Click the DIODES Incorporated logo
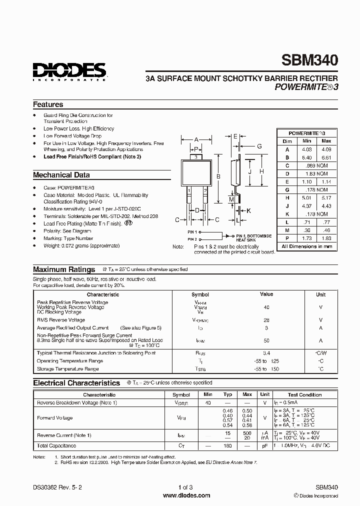[69, 71]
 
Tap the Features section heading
[48, 104]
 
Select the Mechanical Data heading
[61, 175]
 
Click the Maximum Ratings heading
[64, 269]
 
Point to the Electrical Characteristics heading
[76, 383]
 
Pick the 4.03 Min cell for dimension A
[306, 149]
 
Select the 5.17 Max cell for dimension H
[326, 197]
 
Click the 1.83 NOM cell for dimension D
[316, 173]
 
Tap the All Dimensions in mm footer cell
[307, 246]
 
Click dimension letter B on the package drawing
[218, 175]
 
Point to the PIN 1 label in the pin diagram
[192, 232]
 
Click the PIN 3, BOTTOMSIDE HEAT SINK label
[254, 237]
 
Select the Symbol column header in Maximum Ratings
[200, 295]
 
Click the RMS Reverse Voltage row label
[60, 319]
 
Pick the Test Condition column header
[304, 394]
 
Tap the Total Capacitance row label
[56, 445]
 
